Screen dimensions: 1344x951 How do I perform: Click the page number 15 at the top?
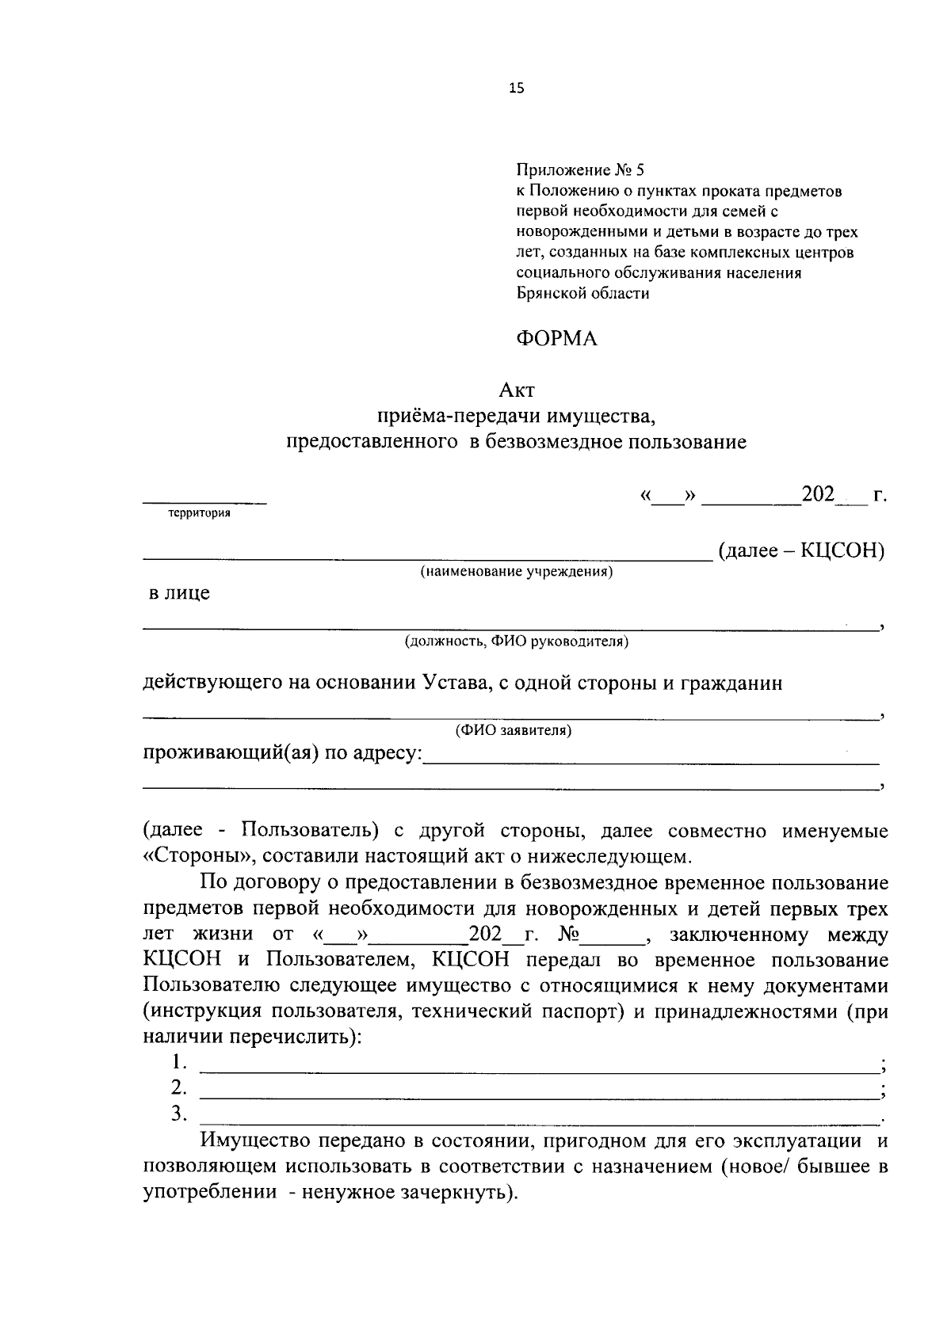(x=517, y=89)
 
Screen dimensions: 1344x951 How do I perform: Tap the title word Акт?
(x=517, y=390)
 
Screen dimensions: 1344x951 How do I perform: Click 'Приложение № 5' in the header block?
(x=581, y=170)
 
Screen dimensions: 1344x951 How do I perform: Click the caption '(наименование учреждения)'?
(x=517, y=571)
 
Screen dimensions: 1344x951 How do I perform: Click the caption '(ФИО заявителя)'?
(x=513, y=730)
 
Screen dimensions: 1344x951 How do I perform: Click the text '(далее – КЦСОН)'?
(x=800, y=550)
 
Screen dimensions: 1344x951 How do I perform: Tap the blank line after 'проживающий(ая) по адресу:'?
(x=650, y=762)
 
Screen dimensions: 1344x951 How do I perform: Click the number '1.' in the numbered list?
(x=179, y=1061)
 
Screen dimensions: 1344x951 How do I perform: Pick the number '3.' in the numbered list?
(x=179, y=1114)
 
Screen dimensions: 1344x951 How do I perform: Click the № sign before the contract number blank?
(x=570, y=935)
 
